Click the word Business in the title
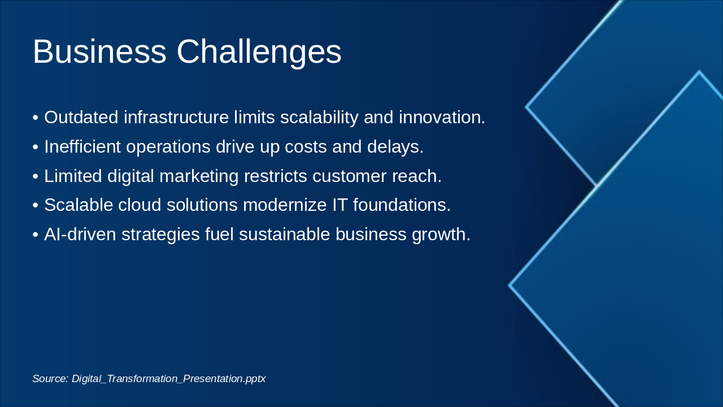pos(99,52)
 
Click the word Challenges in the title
pos(259,52)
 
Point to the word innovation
pos(442,118)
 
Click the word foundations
pos(402,205)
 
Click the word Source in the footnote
pos(50,379)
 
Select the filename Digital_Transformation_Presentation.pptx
pos(168,379)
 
